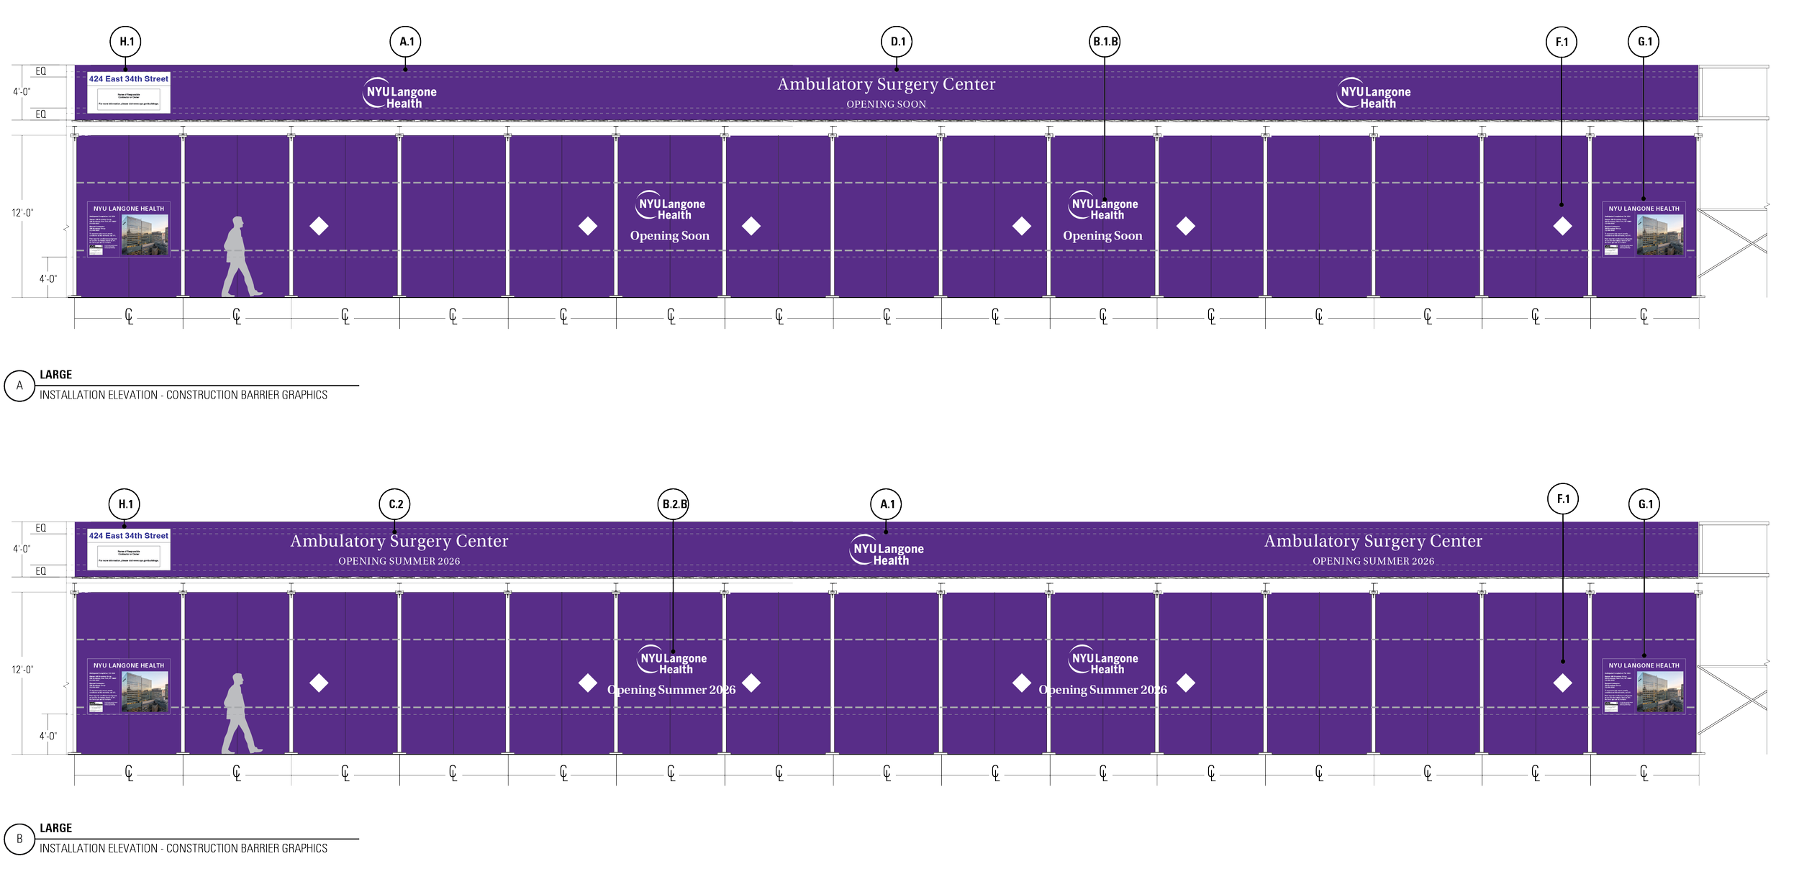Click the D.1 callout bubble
[x=897, y=42]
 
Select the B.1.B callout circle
[x=1105, y=42]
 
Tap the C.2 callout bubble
[x=396, y=505]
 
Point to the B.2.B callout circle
[x=674, y=505]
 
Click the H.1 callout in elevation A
[x=127, y=42]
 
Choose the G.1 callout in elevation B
[x=1645, y=505]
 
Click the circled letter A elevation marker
[x=19, y=386]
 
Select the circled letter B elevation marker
[x=19, y=839]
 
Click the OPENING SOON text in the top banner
[x=886, y=104]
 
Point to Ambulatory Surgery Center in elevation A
[x=886, y=84]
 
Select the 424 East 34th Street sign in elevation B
[x=129, y=536]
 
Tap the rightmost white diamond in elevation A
[x=1562, y=227]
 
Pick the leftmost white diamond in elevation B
[x=319, y=683]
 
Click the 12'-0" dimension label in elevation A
[x=22, y=213]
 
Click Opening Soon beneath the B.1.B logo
[x=1102, y=236]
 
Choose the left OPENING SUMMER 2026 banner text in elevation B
[x=399, y=562]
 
